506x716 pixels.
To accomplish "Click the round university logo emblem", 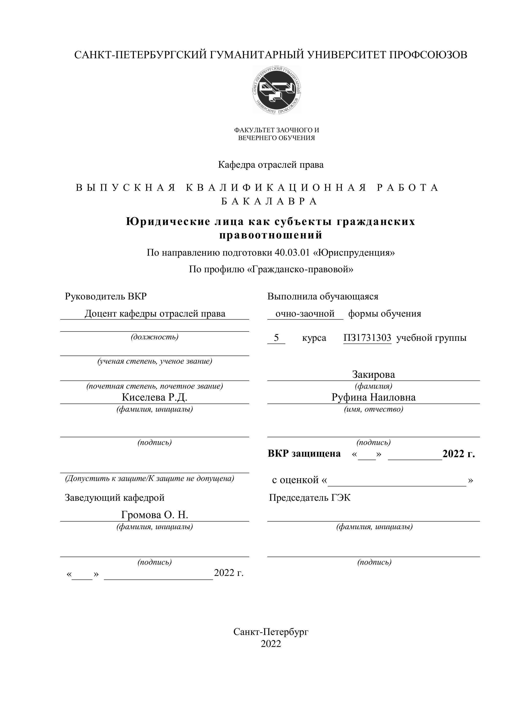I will pyautogui.click(x=277, y=90).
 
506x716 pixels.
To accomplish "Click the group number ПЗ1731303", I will pyautogui.click(x=367, y=338).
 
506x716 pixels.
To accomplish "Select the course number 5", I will pyautogui.click(x=276, y=338).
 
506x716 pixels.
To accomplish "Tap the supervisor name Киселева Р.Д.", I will pyautogui.click(x=154, y=397).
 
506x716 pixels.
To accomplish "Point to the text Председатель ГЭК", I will pyautogui.click(x=310, y=497).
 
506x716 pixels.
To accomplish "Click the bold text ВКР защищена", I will pyautogui.click(x=304, y=453).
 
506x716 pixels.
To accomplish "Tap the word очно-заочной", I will pyautogui.click(x=305, y=313).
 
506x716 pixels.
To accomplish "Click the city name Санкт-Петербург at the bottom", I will pyautogui.click(x=271, y=632).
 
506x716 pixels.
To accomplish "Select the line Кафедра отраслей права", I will pyautogui.click(x=271, y=165).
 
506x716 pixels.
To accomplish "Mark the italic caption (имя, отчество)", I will pyautogui.click(x=374, y=409).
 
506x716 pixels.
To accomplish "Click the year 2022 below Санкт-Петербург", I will pyautogui.click(x=271, y=644).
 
